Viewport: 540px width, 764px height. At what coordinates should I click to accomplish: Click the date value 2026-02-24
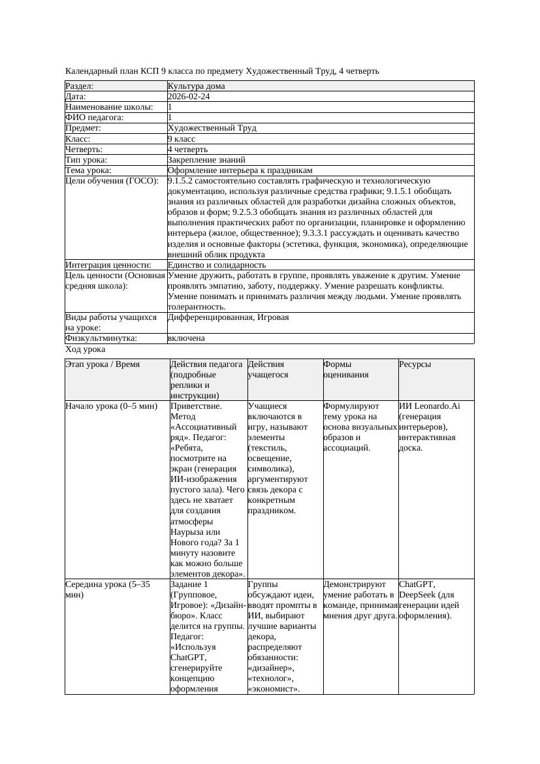pyautogui.click(x=189, y=97)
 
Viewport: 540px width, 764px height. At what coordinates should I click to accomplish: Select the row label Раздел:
pyautogui.click(x=80, y=86)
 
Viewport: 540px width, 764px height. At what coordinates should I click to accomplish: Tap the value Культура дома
pyautogui.click(x=196, y=86)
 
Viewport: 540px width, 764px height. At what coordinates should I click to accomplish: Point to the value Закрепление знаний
pyautogui.click(x=206, y=159)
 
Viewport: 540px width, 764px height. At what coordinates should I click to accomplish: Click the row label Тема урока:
pyautogui.click(x=88, y=170)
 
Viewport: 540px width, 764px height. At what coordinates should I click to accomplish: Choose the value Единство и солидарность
pyautogui.click(x=217, y=265)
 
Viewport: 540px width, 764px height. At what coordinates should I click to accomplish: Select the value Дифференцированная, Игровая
pyautogui.click(x=228, y=317)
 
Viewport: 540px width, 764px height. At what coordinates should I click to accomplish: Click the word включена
pyautogui.click(x=186, y=338)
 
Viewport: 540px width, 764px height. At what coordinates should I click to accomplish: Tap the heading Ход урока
pyautogui.click(x=86, y=349)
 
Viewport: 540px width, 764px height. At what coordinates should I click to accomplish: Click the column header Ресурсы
pyautogui.click(x=415, y=364)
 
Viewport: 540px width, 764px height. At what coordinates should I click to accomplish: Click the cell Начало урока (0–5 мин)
pyautogui.click(x=112, y=406)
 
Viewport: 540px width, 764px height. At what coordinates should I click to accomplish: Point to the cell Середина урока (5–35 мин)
pyautogui.click(x=108, y=590)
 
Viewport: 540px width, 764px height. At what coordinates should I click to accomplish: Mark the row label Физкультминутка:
pyautogui.click(x=101, y=338)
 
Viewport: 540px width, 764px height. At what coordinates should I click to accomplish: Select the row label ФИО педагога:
pyautogui.click(x=95, y=118)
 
